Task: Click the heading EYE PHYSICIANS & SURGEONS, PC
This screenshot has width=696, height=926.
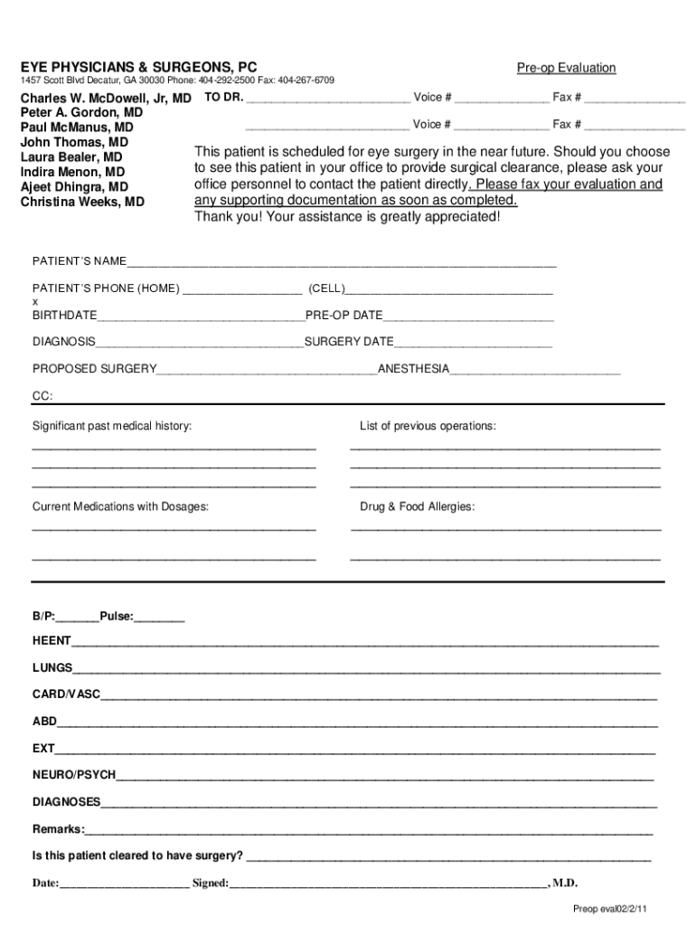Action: coord(138,68)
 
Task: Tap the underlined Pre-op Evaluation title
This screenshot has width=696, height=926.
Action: coord(566,68)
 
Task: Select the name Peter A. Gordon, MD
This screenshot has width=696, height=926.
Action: coord(81,113)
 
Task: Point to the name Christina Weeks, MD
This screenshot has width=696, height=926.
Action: coord(82,202)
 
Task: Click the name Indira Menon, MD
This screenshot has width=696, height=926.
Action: coord(72,172)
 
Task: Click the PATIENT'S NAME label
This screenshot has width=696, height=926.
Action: coord(80,261)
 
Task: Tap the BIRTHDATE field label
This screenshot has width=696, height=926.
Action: coord(65,316)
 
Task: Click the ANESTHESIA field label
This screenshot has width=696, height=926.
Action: coord(413,369)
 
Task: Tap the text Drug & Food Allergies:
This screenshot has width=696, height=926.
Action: coord(417,507)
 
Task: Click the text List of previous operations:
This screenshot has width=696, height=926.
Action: coord(428,426)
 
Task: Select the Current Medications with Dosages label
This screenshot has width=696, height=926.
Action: coord(120,507)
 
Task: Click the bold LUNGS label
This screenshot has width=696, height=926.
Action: coord(52,668)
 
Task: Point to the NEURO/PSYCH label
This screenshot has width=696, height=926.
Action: coord(74,775)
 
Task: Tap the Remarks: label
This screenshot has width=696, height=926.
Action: coord(59,829)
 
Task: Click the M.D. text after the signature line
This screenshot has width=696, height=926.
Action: coord(565,883)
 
